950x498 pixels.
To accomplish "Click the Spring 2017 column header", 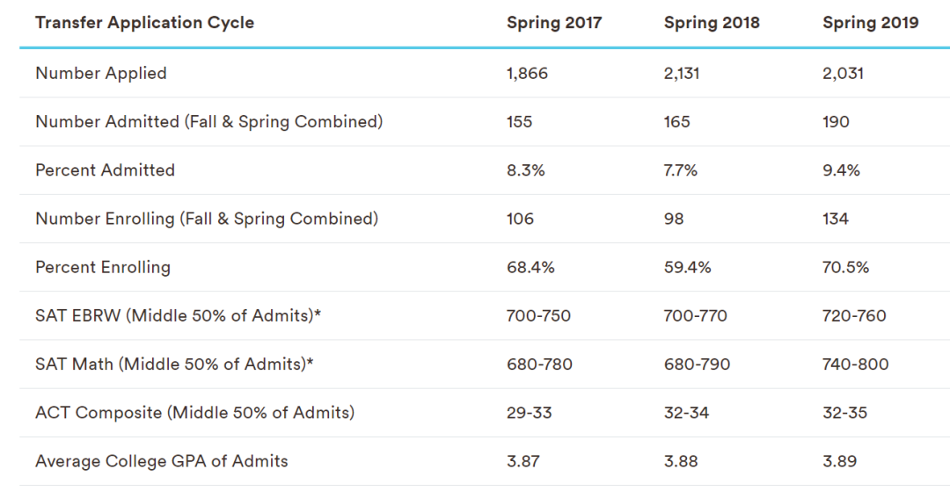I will [x=554, y=23].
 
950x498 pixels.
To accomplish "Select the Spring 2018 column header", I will [x=712, y=23].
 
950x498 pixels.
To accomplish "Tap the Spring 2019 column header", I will [x=870, y=23].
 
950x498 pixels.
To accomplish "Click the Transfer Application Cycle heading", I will [x=144, y=23].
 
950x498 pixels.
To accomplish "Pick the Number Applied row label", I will [x=101, y=74].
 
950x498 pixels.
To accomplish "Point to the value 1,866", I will [x=527, y=74].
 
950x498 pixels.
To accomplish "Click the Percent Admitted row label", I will [x=105, y=170].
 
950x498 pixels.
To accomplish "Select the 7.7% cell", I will [x=681, y=170].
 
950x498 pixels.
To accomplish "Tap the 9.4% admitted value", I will [x=841, y=170].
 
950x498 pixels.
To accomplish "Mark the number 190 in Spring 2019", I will [x=836, y=122].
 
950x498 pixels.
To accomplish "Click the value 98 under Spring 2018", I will [x=674, y=219].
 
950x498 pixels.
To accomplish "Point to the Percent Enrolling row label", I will [x=103, y=267].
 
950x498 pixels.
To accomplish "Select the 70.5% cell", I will [x=845, y=267].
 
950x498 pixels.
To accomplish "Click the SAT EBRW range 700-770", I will [x=696, y=315].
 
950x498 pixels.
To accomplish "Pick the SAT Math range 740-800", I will [x=855, y=364].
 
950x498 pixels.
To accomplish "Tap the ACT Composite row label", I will [x=194, y=412].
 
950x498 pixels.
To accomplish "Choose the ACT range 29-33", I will [x=530, y=412].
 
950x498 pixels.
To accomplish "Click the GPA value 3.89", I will [x=839, y=460].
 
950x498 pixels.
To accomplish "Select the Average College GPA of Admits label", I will [x=162, y=460].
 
